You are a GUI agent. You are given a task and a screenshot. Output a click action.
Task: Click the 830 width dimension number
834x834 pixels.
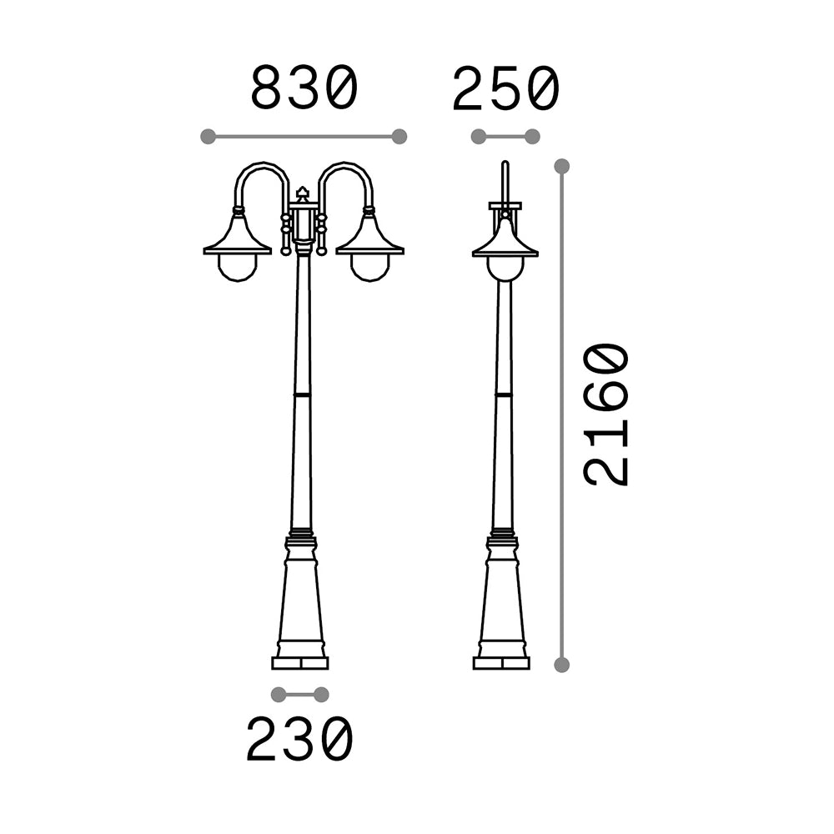(x=304, y=88)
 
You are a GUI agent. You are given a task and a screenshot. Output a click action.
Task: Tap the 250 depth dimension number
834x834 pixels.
(x=506, y=88)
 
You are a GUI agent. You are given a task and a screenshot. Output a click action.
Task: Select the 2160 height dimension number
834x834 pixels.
(x=606, y=414)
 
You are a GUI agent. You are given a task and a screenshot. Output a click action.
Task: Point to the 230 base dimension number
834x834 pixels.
(x=299, y=739)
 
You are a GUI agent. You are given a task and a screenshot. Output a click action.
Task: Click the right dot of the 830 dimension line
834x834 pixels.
(x=399, y=136)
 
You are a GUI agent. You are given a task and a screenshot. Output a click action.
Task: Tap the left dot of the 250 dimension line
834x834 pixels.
(x=479, y=136)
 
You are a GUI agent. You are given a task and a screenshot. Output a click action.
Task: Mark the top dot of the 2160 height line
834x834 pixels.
(x=561, y=166)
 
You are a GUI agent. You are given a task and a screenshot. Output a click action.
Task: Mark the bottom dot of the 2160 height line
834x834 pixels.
(x=561, y=665)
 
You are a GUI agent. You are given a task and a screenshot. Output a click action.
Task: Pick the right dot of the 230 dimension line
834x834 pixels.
(x=321, y=695)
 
